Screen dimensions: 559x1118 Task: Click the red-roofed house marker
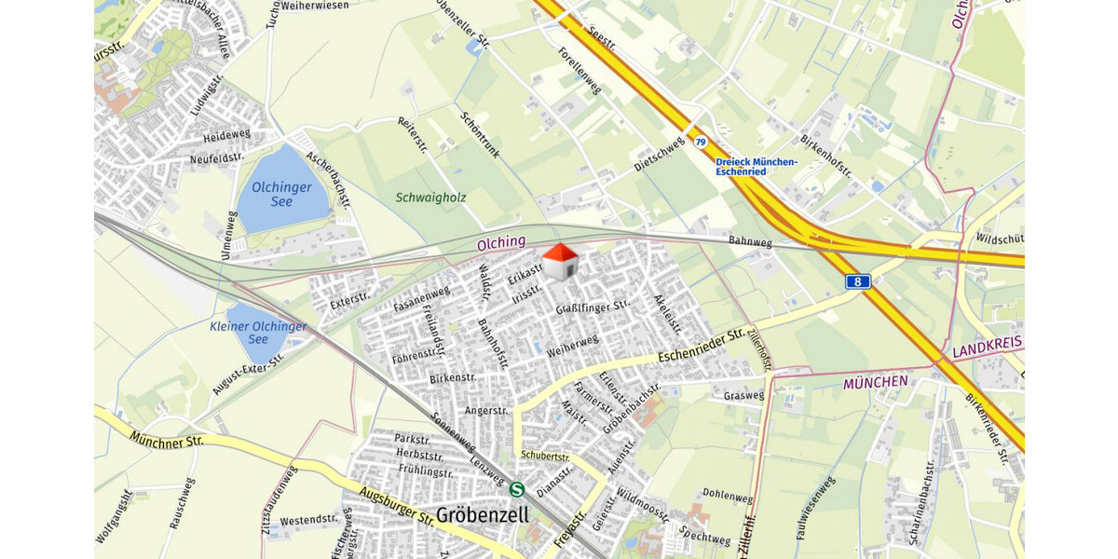click(x=559, y=261)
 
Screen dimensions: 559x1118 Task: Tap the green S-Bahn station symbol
click(x=518, y=488)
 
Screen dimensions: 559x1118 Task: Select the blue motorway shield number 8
click(x=857, y=281)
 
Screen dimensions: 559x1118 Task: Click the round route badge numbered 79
click(x=700, y=142)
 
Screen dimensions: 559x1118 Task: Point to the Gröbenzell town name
click(x=482, y=515)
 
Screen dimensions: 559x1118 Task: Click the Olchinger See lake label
click(x=281, y=195)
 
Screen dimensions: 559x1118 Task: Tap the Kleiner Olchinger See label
click(x=258, y=333)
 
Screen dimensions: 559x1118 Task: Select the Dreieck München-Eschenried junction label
click(x=756, y=167)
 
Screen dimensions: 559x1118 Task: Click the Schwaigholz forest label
click(x=430, y=198)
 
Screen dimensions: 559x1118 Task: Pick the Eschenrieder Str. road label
click(x=701, y=347)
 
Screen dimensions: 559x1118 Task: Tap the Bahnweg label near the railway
click(x=750, y=242)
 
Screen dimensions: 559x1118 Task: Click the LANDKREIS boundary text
click(x=987, y=348)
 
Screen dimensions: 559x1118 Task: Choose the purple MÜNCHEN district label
click(x=875, y=382)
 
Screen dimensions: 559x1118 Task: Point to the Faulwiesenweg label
click(x=815, y=509)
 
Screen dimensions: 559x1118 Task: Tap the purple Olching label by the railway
click(x=501, y=242)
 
